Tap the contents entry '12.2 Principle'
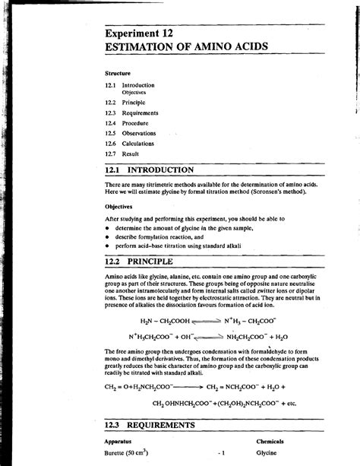(x=125, y=102)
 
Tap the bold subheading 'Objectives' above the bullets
(x=118, y=205)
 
